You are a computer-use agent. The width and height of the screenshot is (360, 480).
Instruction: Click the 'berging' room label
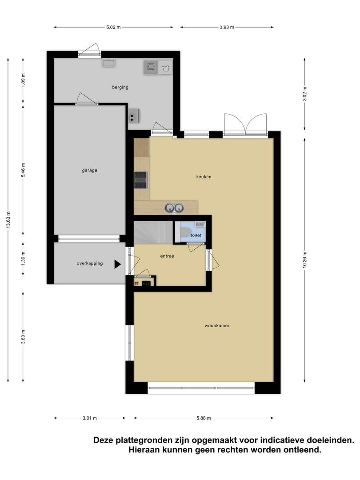[120, 87]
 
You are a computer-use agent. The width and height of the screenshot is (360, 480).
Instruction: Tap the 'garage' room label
[89, 171]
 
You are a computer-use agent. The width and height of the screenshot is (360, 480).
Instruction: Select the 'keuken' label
[204, 176]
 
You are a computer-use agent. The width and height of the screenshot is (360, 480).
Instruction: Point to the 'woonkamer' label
[217, 326]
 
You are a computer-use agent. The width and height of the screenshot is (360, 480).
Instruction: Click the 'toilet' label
[196, 235]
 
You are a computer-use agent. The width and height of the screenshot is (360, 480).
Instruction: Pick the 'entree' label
[167, 256]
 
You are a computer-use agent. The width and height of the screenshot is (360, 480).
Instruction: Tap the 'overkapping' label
[90, 263]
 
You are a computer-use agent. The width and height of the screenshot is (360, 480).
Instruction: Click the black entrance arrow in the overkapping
[117, 264]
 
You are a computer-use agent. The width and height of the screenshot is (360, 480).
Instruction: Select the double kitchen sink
[174, 208]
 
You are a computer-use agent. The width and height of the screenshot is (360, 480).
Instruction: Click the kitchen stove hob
[141, 180]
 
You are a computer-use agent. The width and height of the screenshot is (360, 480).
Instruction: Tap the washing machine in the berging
[151, 67]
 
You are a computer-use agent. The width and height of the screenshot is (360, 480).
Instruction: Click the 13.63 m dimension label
[8, 220]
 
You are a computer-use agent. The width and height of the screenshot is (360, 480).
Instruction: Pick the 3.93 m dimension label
[227, 27]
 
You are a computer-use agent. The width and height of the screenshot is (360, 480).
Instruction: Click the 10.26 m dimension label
[304, 260]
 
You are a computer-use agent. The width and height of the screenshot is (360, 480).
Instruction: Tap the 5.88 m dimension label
[204, 418]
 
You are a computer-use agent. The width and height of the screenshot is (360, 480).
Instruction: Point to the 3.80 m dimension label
[23, 337]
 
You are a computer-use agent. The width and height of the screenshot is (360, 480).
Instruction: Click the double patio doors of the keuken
[245, 124]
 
